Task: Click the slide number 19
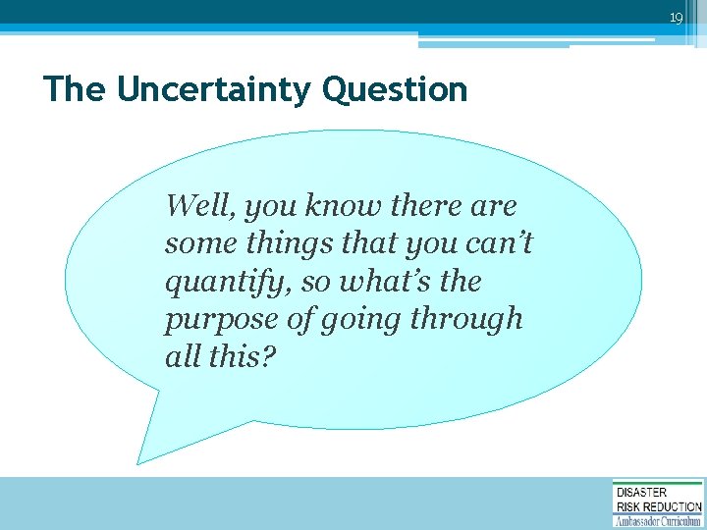[676, 18]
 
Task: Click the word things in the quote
[281, 243]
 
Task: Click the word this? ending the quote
[242, 356]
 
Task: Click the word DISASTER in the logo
[641, 493]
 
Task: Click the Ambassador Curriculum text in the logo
[657, 521]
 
